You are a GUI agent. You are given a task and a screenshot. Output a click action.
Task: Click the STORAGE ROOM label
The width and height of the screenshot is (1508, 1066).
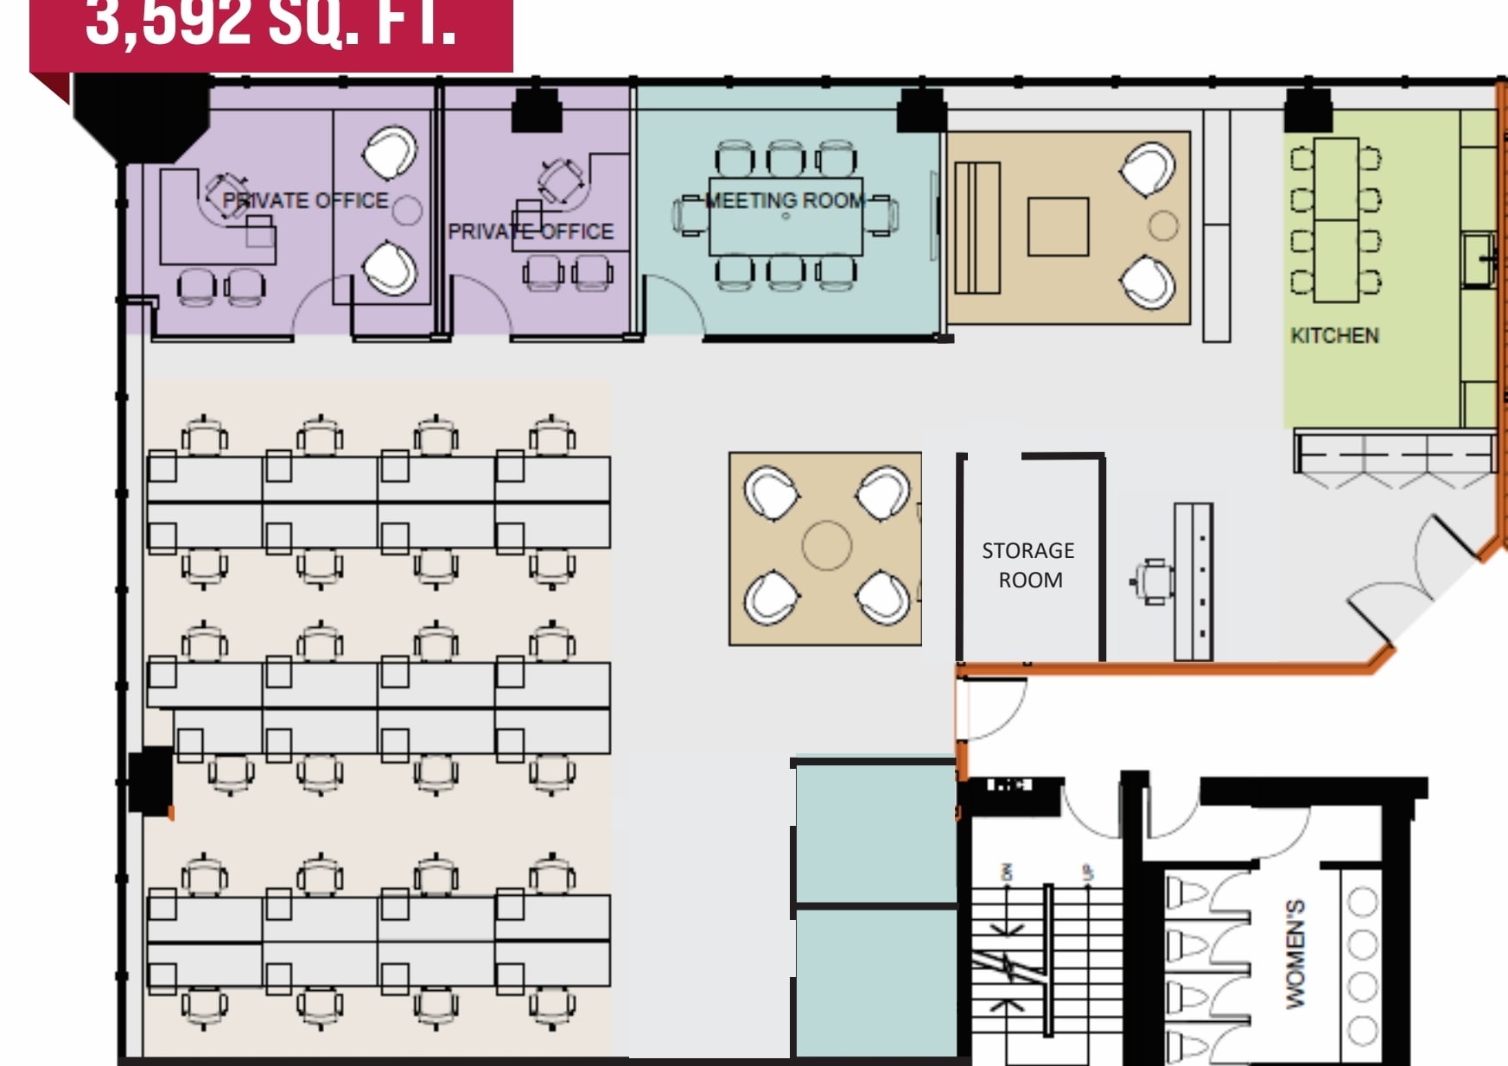(1028, 565)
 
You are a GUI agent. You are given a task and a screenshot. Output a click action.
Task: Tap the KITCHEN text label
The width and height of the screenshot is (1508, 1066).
(1334, 335)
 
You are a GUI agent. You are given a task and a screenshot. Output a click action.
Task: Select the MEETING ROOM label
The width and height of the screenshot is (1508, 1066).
(785, 200)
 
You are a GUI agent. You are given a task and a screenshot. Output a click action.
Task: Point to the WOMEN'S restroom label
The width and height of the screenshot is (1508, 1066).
(1295, 953)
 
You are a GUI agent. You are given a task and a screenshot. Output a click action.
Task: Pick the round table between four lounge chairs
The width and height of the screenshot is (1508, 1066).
(826, 545)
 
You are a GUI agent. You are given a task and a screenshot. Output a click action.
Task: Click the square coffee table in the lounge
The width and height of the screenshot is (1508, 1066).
(1058, 226)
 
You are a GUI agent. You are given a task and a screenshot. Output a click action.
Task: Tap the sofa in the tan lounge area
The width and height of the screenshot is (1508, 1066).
(977, 228)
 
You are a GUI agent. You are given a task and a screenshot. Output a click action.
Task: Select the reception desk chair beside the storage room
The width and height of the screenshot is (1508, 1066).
(1152, 581)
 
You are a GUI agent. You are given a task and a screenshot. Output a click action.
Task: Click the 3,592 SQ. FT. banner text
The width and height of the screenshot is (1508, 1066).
(270, 24)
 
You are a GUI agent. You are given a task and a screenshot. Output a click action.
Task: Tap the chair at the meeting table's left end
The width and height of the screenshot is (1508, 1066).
(690, 216)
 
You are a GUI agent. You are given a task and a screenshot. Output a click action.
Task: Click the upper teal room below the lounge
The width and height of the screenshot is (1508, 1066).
(875, 833)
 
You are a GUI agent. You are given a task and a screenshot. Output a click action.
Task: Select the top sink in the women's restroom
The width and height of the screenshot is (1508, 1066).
(1363, 902)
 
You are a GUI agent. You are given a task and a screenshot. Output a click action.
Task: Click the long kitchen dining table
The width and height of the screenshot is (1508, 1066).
(1335, 219)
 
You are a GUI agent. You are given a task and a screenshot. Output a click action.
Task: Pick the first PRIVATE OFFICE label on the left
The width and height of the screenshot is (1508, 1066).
(305, 200)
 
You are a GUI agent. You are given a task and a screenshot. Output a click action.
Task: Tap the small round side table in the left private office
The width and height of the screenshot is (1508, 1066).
(407, 209)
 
